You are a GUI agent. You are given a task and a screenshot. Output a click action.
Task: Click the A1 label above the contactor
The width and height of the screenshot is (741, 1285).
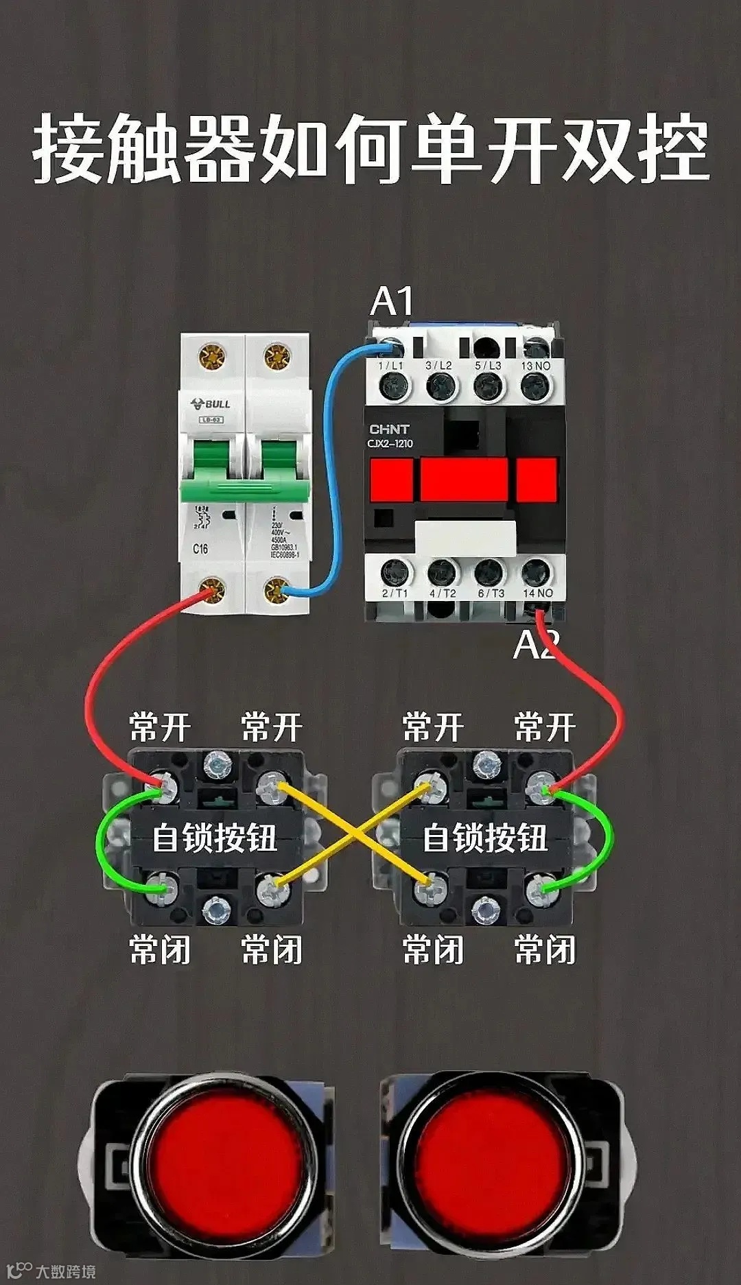[x=392, y=301]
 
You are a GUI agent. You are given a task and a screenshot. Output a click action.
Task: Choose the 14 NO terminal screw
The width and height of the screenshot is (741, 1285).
[x=537, y=572]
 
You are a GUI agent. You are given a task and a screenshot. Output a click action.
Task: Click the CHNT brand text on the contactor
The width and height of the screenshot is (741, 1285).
[x=389, y=429]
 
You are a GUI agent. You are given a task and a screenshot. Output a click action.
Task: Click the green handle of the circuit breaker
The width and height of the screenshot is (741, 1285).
[x=244, y=473]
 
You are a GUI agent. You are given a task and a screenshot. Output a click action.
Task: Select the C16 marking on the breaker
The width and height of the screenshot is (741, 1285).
[x=200, y=549]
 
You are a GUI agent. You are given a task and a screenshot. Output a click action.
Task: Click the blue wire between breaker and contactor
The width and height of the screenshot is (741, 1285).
[x=328, y=480]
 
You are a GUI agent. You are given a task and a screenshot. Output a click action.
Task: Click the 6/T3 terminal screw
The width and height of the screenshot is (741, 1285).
[x=489, y=572]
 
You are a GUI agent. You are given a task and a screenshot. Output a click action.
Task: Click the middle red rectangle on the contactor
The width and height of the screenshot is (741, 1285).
[x=464, y=480]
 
